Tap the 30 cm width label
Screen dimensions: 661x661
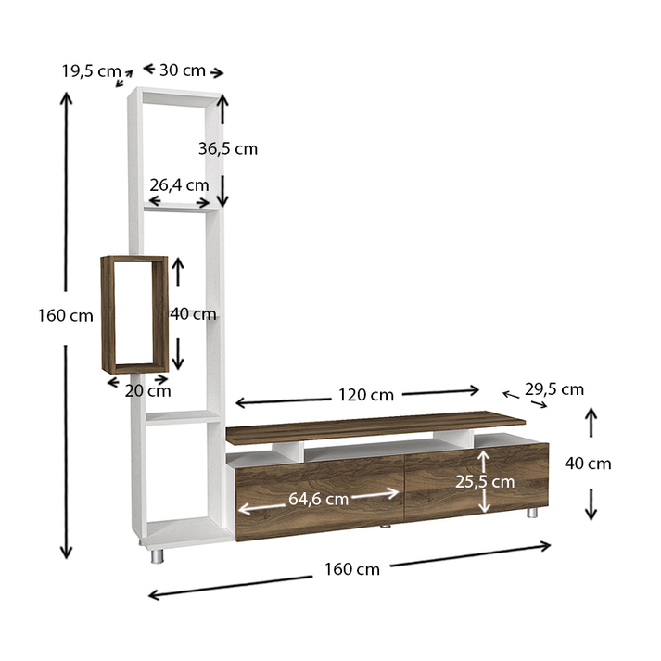(183, 70)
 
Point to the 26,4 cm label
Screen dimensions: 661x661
(180, 184)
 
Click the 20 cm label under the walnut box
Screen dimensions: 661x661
(148, 390)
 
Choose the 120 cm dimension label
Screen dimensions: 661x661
(368, 395)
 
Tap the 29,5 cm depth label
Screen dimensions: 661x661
(553, 388)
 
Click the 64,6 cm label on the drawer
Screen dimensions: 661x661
(318, 498)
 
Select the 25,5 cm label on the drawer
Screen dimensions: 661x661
(485, 481)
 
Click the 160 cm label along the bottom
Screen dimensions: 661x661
(353, 569)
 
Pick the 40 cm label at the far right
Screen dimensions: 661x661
(588, 464)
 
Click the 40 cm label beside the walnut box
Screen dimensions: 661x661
(194, 314)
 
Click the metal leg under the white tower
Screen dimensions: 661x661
(158, 555)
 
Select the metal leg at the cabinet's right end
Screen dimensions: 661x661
(532, 513)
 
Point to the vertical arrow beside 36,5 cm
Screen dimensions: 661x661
(222, 149)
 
